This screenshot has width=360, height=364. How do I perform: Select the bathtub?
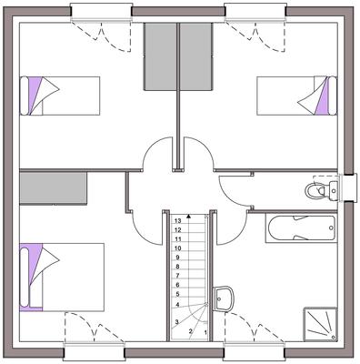point(300,227)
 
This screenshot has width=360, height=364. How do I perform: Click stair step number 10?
point(178,248)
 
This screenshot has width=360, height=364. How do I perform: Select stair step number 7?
point(178,276)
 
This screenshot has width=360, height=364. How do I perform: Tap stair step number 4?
point(178,304)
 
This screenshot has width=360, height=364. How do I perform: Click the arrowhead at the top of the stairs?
point(188,217)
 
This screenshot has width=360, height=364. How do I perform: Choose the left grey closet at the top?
point(160,56)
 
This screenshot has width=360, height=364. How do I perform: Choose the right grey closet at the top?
point(195,56)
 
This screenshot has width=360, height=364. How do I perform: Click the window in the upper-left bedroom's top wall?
point(101,12)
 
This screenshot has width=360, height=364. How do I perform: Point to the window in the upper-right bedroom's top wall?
point(256,12)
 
